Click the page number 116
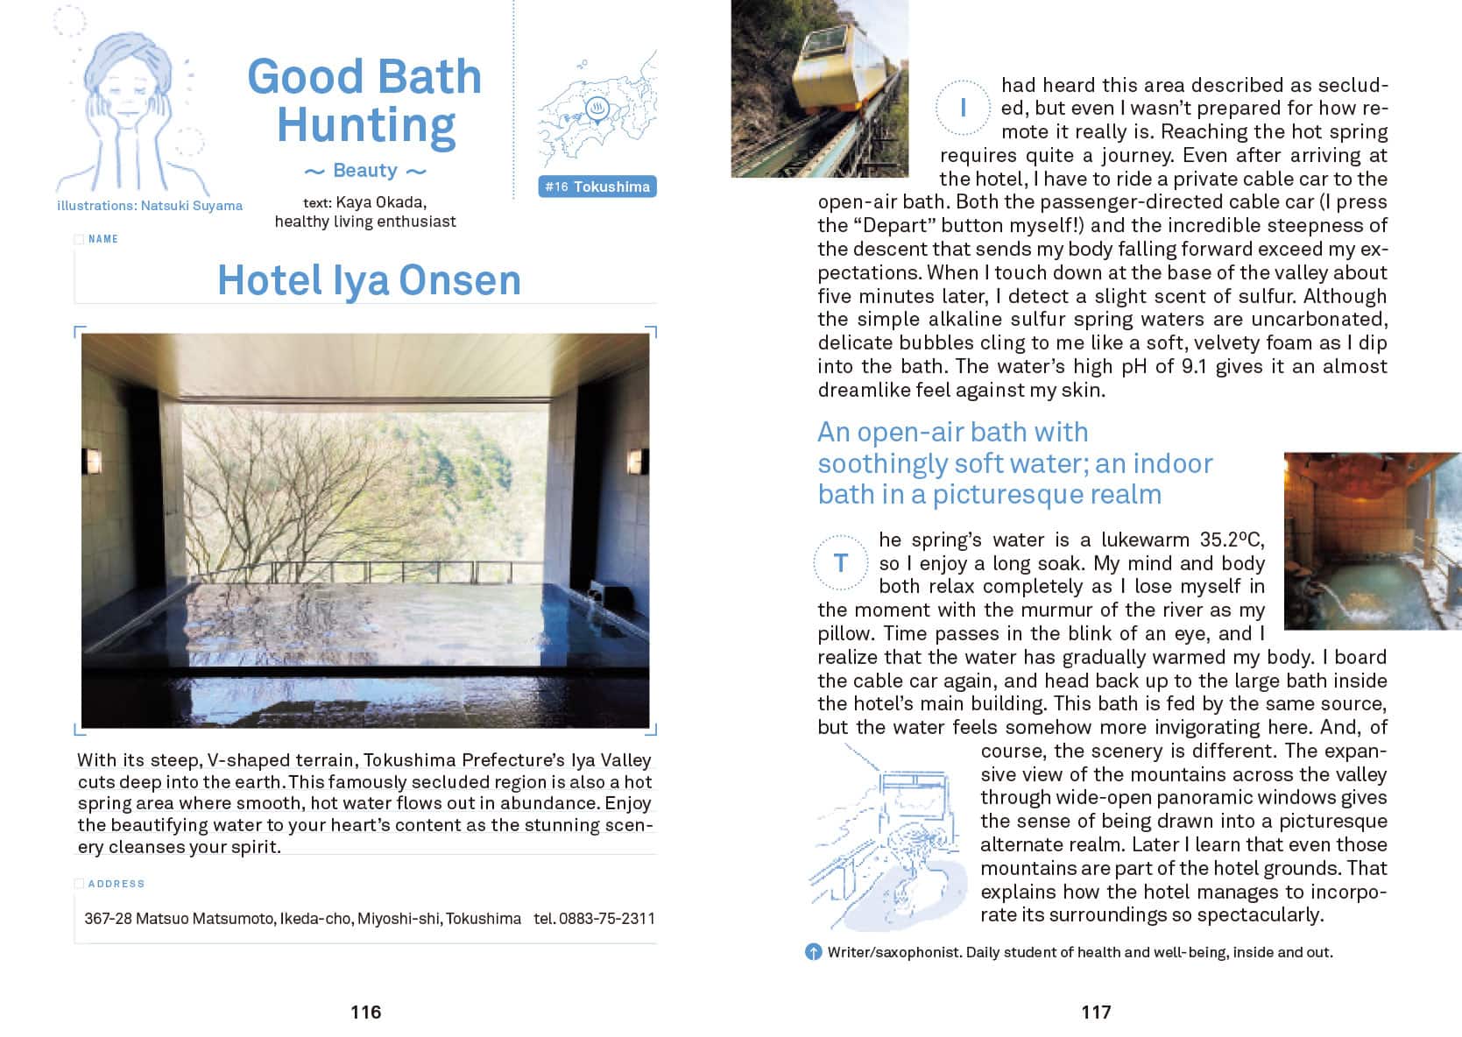tap(365, 1012)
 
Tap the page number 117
tap(1096, 1012)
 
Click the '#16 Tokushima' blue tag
tap(597, 187)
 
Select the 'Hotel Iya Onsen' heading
tap(369, 280)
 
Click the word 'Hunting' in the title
tap(366, 125)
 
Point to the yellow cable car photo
tap(819, 88)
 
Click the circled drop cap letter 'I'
tap(963, 108)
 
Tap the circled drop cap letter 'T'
tap(841, 562)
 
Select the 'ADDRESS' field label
tap(116, 884)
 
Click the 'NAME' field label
tap(102, 239)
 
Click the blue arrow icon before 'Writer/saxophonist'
tap(813, 952)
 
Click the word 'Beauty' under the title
tap(365, 170)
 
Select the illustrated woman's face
tap(124, 96)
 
